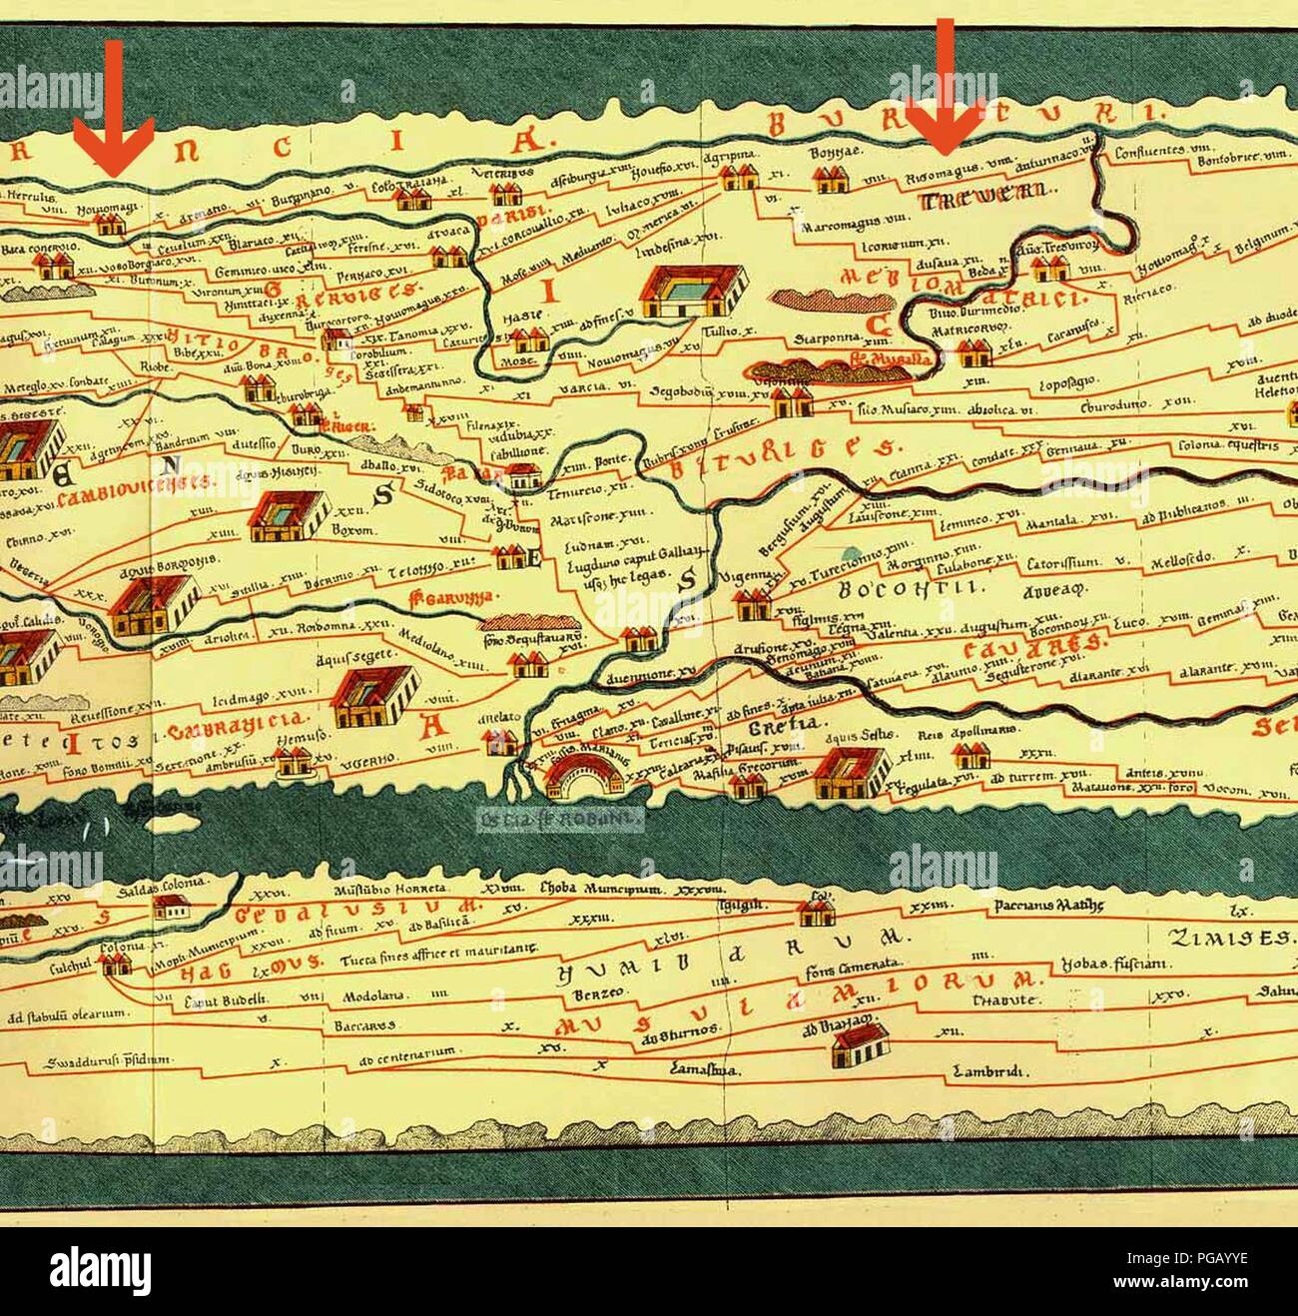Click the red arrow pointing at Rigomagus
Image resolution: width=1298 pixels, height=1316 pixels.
click(x=944, y=90)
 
